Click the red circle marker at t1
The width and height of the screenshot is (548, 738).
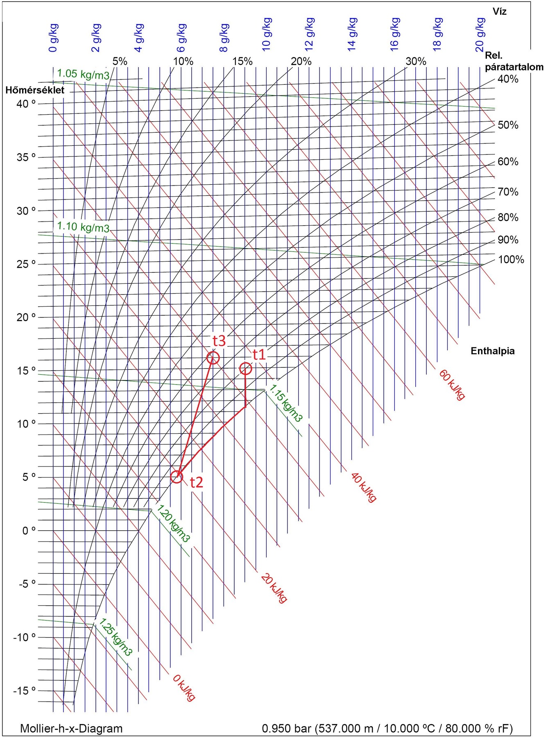coord(245,369)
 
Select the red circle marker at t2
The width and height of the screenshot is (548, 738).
coord(177,477)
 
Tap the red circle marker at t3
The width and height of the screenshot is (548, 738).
coord(213,358)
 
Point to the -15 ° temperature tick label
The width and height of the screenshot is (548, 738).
coord(25,691)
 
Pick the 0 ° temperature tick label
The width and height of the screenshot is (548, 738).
coord(28,530)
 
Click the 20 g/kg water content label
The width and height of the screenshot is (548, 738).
coord(480,35)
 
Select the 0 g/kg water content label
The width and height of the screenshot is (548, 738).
coord(53,38)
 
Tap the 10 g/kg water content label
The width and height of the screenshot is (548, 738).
coord(267,34)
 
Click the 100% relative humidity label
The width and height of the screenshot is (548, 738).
coord(511,259)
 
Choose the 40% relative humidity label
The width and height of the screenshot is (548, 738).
coord(508,79)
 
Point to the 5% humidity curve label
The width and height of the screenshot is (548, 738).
coord(120,61)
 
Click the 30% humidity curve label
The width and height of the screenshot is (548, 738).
coord(416,61)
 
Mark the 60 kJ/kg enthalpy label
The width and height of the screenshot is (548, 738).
coord(452,384)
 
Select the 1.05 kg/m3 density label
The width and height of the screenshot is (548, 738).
coord(83,75)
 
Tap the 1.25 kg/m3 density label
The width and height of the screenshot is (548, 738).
coord(116,637)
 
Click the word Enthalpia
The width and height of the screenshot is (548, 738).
coord(492,351)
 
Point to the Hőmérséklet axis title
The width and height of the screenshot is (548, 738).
coord(35,90)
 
